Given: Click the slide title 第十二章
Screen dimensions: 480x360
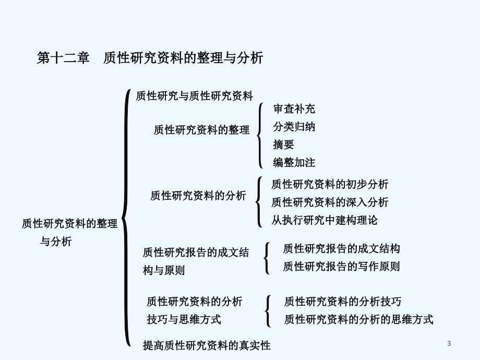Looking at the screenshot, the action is click(63, 57).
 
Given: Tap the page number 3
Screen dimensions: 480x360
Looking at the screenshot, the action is click(449, 343).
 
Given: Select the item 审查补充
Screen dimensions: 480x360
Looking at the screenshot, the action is click(294, 109).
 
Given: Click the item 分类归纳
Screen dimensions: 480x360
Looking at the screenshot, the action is click(294, 127).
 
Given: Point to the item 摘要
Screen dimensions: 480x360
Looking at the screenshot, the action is click(283, 145).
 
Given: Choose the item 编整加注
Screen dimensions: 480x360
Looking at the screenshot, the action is click(294, 162).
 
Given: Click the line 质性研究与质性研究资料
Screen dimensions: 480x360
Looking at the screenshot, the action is click(195, 96).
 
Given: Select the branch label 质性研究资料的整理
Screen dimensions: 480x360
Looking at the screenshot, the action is click(201, 130).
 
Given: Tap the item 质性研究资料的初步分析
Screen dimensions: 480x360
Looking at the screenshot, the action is click(330, 184).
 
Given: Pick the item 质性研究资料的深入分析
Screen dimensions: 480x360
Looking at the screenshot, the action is click(330, 202).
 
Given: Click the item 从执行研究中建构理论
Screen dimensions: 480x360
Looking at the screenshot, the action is click(325, 220).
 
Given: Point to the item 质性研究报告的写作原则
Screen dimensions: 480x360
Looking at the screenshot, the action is click(341, 266).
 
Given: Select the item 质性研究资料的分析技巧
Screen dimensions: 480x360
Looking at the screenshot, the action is click(343, 302).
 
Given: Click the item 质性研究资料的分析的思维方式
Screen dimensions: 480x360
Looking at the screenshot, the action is click(359, 319).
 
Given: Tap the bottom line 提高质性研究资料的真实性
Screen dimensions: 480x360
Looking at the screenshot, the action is click(207, 345).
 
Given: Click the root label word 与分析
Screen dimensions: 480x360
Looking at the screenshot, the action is click(56, 242).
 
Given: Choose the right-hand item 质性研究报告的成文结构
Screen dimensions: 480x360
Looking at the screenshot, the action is click(341, 248).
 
